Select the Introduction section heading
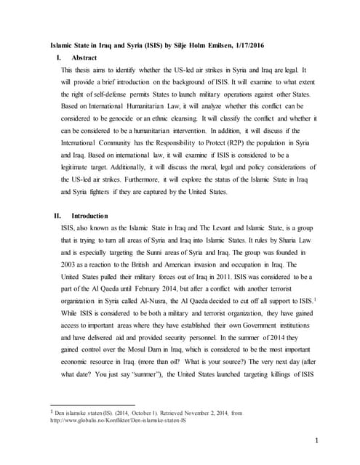(x=89, y=216)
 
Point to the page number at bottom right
(x=318, y=440)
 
